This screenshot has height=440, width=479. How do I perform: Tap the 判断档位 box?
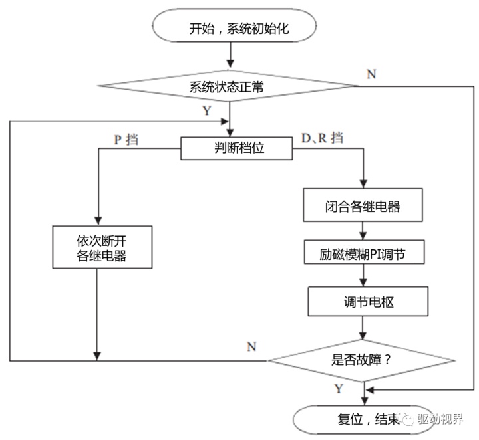tap(237, 148)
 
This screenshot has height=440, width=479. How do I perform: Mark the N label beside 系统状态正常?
tap(371, 74)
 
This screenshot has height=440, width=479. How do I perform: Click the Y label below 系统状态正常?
tap(207, 110)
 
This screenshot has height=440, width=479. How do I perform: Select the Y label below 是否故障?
tap(339, 387)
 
